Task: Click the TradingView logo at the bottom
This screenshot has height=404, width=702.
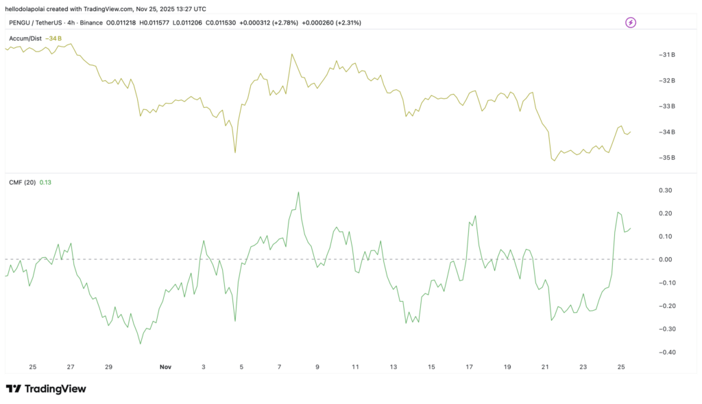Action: pos(46,389)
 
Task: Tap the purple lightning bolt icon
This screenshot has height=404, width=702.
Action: pos(631,23)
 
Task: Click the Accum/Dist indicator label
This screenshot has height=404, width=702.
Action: pos(26,38)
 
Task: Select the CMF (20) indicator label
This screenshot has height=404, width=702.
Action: pos(22,182)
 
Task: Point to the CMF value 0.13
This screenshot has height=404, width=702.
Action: pos(45,182)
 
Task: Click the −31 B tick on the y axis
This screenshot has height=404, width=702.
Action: pos(666,55)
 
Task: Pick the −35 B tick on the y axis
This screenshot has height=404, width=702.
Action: pos(666,158)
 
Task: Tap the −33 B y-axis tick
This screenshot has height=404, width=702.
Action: pos(666,106)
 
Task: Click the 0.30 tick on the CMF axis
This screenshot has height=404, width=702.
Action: pos(665,190)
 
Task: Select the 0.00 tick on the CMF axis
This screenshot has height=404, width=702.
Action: pos(665,259)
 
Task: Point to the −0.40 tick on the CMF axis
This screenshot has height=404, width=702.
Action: pos(664,352)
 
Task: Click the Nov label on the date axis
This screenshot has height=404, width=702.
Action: pos(165,367)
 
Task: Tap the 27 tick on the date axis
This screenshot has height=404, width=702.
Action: pos(71,367)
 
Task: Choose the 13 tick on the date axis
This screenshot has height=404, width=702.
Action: pos(393,367)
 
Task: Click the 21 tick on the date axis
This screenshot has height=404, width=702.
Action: pos(545,367)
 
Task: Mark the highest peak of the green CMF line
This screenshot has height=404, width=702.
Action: pos(299,192)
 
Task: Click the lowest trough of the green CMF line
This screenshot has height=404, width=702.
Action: pos(141,344)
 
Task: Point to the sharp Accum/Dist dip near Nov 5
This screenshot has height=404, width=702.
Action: pos(235,152)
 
